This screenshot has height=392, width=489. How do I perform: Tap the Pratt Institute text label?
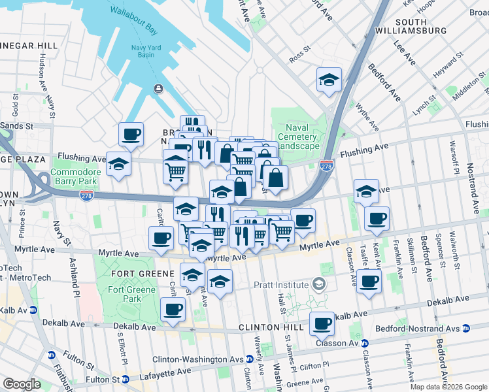coord(282,285)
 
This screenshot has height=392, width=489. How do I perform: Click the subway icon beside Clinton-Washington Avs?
coord(250,359)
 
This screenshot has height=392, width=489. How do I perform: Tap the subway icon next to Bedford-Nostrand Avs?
coord(466,328)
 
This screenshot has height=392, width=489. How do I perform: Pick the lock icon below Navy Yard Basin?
coord(158,88)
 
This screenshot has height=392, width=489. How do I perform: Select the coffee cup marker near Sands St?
coord(131,134)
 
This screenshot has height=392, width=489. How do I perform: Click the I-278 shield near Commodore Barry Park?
coord(86,195)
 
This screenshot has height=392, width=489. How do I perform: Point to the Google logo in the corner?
coord(22,384)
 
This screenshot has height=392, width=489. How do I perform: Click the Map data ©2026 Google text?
coord(448,387)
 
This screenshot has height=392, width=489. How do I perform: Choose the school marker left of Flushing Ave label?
coord(118,164)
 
